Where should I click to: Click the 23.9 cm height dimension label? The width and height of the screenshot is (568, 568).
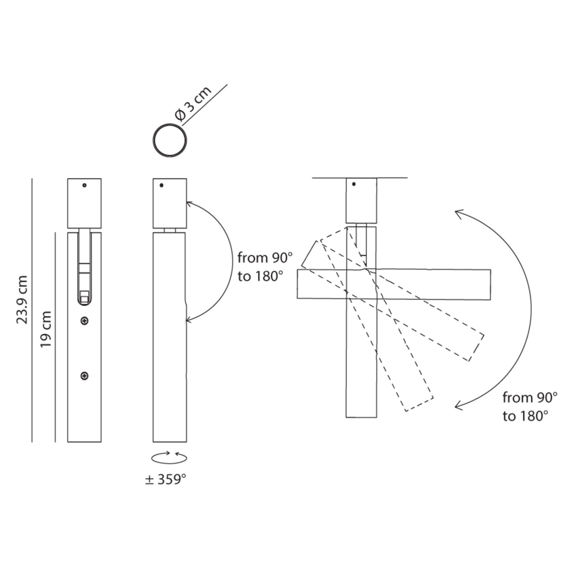22,300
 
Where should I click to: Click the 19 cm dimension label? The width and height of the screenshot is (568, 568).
45,329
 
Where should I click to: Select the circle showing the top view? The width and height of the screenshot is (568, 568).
170,140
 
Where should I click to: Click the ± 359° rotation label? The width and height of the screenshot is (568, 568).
165,479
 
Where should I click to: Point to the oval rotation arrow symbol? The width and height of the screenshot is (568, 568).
169,458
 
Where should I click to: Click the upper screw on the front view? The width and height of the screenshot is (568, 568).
84,321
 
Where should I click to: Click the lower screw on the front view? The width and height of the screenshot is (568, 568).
84,376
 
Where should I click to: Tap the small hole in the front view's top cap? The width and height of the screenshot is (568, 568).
84,185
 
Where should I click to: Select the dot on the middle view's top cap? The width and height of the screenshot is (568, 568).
161,185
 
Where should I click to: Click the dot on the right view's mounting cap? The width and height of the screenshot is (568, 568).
354,184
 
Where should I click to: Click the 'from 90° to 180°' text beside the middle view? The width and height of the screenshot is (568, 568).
265,267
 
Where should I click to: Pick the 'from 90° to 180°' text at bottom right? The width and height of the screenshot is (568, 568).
530,407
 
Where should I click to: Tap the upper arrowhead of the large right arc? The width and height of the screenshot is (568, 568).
459,214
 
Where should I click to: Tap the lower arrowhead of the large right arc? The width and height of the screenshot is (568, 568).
459,405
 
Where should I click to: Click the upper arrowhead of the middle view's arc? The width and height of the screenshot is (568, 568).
190,204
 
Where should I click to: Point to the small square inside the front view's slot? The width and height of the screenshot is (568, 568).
84,296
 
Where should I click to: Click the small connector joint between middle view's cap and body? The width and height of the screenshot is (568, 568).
170,230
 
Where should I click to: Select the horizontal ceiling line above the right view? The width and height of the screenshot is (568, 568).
359,178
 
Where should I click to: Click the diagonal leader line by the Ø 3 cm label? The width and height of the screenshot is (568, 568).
205,105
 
